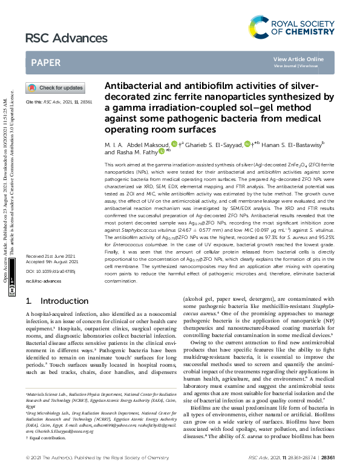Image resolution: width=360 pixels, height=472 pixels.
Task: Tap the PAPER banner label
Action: pyautogui.click(x=45, y=62)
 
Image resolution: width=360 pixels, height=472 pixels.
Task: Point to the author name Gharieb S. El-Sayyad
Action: pyautogui.click(x=210, y=144)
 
